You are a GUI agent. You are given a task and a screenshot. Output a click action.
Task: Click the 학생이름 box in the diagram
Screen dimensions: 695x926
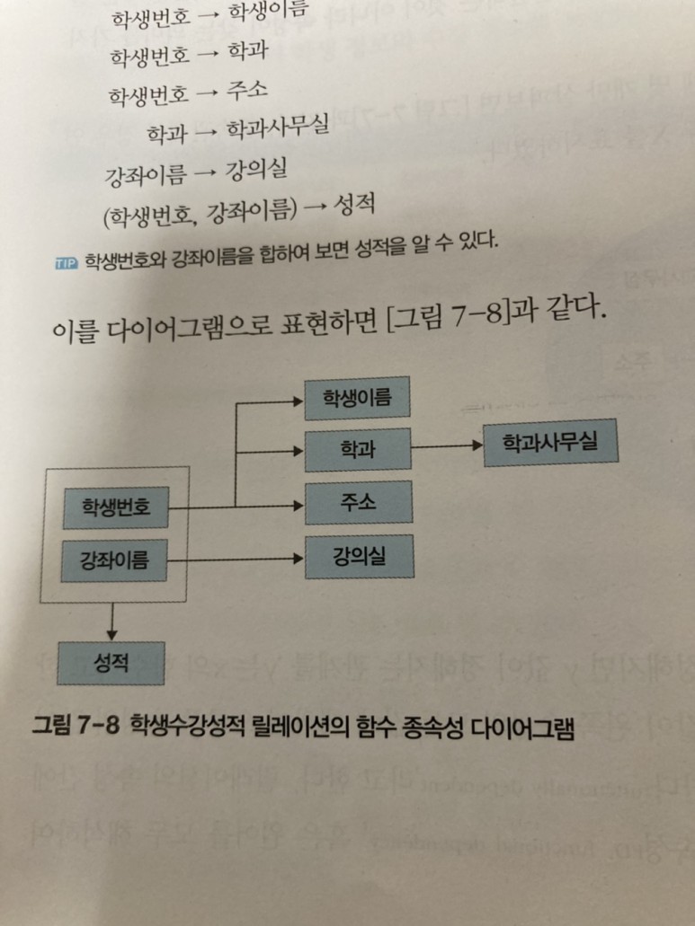[x=358, y=398]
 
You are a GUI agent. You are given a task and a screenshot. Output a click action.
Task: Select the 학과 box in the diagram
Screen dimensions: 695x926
[x=358, y=449]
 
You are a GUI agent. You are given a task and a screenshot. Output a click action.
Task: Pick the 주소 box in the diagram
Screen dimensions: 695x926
[x=358, y=502]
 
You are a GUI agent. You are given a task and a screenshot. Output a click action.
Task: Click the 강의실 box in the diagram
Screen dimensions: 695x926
[x=358, y=557]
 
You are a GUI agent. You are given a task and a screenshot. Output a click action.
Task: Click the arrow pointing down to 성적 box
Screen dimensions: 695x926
[x=111, y=621]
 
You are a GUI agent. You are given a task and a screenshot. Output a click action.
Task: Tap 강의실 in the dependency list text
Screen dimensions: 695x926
[x=250, y=171]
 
